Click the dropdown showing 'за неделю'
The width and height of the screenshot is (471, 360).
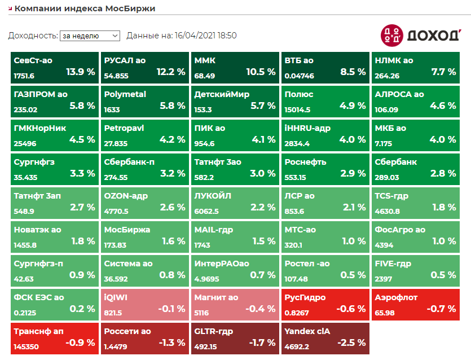pos(90,36)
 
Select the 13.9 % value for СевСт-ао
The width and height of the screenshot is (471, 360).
pos(81,72)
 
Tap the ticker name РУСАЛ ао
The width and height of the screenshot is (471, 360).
pos(125,60)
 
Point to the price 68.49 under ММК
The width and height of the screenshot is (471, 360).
pos(205,76)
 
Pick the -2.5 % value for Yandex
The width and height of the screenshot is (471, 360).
pos(351,343)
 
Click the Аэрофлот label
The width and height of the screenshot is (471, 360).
pos(395,297)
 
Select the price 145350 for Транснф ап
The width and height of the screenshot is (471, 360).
pos(27,346)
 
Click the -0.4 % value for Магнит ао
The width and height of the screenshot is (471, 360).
pos(260,309)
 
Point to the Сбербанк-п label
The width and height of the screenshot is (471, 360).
pos(129,162)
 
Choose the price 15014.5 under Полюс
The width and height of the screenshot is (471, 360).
pos(298,109)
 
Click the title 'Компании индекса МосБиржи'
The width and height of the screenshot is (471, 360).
pos(85,8)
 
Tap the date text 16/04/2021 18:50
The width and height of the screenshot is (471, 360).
pos(205,36)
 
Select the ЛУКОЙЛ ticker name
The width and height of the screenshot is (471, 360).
pos(213,196)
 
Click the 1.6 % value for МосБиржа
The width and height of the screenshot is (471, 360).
pos(173,242)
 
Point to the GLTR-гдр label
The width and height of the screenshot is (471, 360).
pos(213,331)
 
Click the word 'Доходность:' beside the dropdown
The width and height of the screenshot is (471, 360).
pos(33,36)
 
